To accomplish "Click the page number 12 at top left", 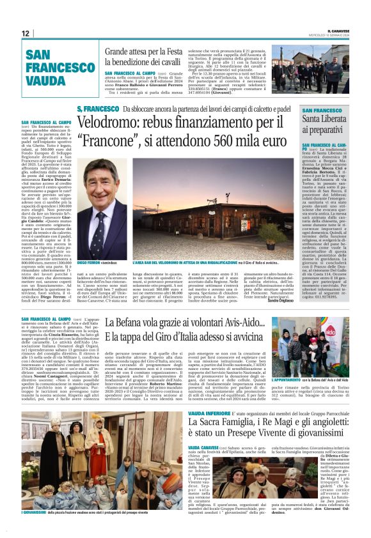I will (26, 33).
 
